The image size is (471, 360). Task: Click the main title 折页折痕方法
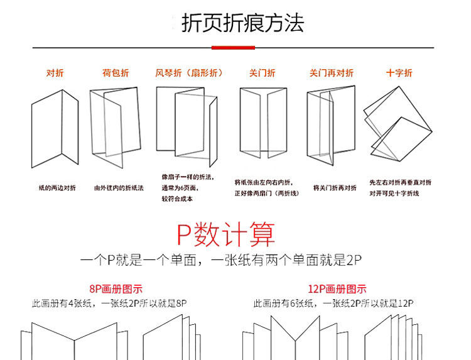click(242, 23)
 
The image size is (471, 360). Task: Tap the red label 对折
click(55, 73)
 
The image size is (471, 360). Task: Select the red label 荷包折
click(116, 73)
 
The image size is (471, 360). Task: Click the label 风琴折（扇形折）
click(189, 73)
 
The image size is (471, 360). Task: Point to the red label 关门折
click(262, 73)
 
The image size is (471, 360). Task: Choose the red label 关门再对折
click(331, 73)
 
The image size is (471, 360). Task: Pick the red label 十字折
click(399, 73)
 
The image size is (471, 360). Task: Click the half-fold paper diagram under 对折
click(55, 129)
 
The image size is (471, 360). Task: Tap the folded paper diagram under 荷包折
click(116, 123)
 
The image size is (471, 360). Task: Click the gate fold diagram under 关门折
click(263, 123)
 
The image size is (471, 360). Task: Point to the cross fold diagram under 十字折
click(398, 123)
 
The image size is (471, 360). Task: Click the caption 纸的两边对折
click(57, 188)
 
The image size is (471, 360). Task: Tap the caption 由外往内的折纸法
click(119, 188)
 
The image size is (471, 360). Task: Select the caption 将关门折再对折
click(332, 188)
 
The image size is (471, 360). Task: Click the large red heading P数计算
click(225, 234)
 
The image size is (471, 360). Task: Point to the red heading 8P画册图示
click(116, 290)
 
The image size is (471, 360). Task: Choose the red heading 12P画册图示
click(337, 290)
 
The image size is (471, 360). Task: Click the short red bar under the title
click(233, 47)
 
